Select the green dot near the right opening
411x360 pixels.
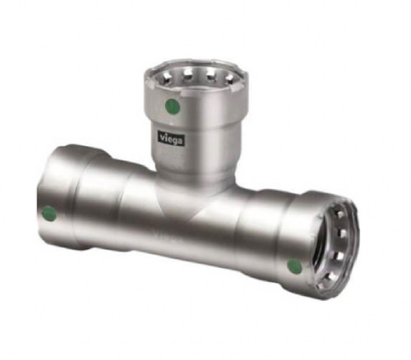[294, 265]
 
